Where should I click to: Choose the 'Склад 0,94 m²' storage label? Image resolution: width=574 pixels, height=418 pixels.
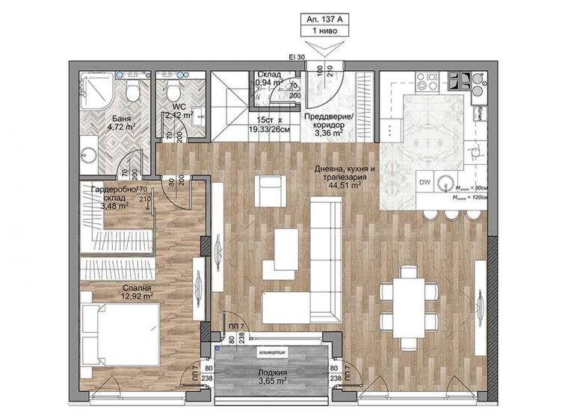click(x=268, y=78)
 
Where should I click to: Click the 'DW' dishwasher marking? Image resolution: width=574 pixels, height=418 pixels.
click(x=424, y=181)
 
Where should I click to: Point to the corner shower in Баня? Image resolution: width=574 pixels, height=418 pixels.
click(x=93, y=91)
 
